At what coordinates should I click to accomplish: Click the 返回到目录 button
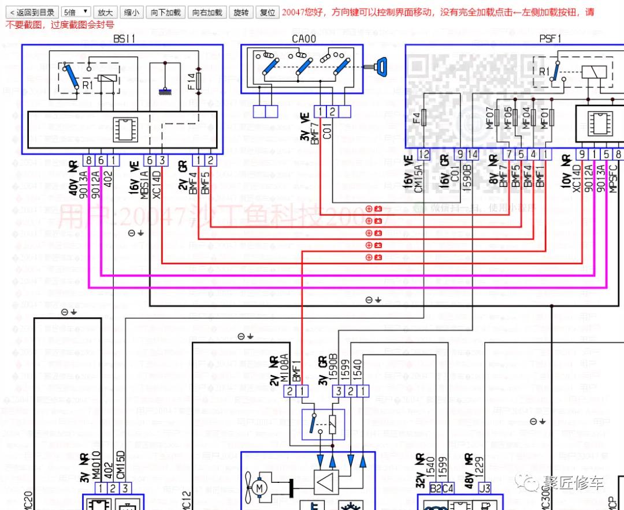(x=32, y=12)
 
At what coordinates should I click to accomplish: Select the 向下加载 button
(x=166, y=12)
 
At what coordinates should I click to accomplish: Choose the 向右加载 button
(x=207, y=12)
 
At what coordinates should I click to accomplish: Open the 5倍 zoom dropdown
(x=76, y=12)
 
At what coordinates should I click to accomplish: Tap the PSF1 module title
(x=549, y=38)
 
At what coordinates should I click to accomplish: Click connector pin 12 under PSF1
(x=425, y=154)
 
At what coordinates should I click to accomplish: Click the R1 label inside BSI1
(x=87, y=85)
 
